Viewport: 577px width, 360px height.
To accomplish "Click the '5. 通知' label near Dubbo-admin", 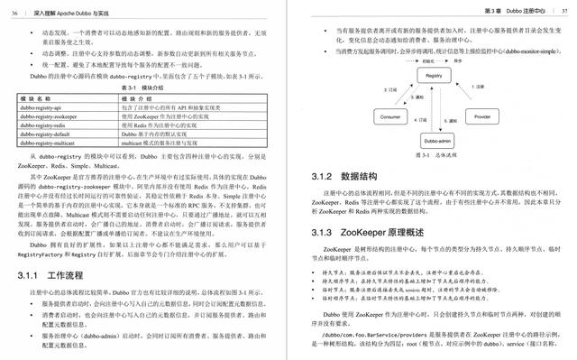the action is tap(451, 119).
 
